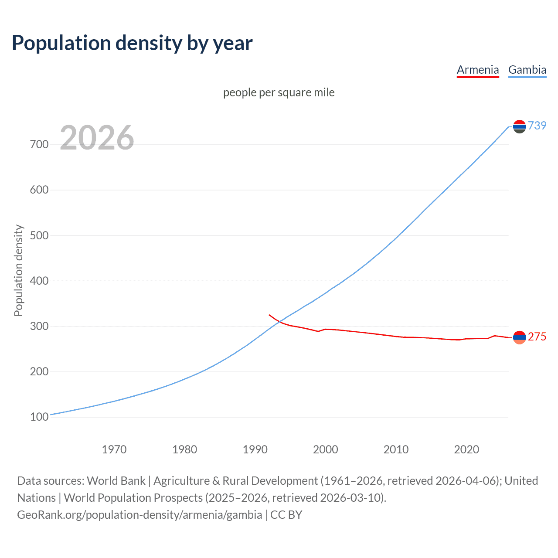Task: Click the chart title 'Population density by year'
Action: pyautogui.click(x=132, y=43)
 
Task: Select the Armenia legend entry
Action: pyautogui.click(x=477, y=70)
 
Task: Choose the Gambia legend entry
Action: pyautogui.click(x=527, y=70)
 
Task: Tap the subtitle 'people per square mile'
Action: pyautogui.click(x=279, y=92)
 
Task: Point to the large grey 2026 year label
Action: pyautogui.click(x=97, y=138)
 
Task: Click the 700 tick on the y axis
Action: pyautogui.click(x=39, y=144)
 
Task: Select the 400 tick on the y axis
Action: pyautogui.click(x=39, y=281)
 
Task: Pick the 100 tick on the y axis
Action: pyautogui.click(x=39, y=417)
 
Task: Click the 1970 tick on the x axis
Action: pyautogui.click(x=114, y=449)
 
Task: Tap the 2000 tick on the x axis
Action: pyautogui.click(x=326, y=449)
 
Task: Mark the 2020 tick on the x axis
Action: pyautogui.click(x=466, y=449)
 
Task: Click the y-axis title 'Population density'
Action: pyautogui.click(x=18, y=270)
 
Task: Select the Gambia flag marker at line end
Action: pyautogui.click(x=519, y=126)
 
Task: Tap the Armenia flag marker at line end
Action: pyautogui.click(x=519, y=337)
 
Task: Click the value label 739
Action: pyautogui.click(x=537, y=126)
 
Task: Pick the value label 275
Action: pyautogui.click(x=537, y=337)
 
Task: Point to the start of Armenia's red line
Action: pyautogui.click(x=269, y=315)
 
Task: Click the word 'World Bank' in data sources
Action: pyautogui.click(x=116, y=481)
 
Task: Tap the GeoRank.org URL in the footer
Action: pyautogui.click(x=139, y=515)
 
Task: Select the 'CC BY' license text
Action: pyautogui.click(x=286, y=515)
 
